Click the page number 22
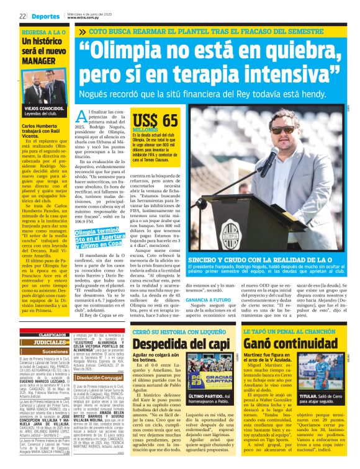tap(22, 16)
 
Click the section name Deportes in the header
tap(45, 16)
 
